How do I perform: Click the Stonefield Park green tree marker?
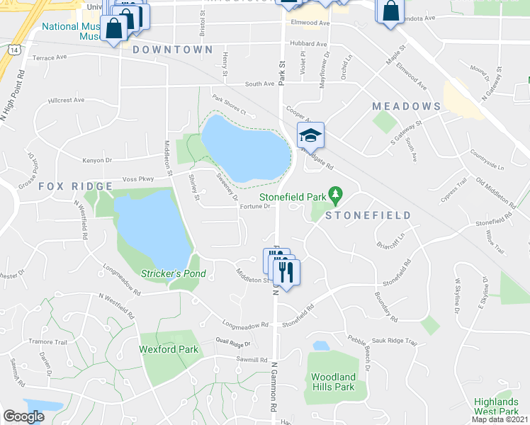pos(337,193)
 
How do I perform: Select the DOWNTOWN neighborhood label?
pos(172,50)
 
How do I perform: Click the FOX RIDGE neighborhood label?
pos(75,186)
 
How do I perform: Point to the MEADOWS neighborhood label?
pos(407,106)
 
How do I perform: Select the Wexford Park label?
pos(168,349)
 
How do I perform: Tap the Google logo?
pos(23,416)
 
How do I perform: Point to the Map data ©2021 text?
pos(500,419)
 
